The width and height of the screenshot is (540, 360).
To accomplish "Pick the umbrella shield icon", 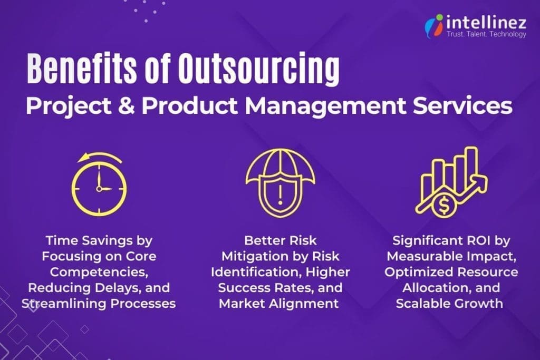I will click(x=272, y=182).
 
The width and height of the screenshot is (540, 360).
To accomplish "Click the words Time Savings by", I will click(x=99, y=240).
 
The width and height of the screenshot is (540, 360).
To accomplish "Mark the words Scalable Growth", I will click(x=450, y=304).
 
